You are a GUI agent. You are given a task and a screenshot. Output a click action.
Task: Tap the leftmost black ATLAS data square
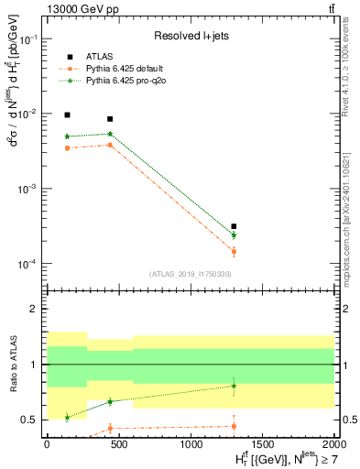[67, 115]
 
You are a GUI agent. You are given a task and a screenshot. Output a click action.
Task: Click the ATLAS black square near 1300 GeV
[234, 226]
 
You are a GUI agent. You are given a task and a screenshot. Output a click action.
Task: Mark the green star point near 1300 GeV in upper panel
[234, 235]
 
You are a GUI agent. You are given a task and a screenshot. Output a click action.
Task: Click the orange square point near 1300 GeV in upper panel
[234, 251]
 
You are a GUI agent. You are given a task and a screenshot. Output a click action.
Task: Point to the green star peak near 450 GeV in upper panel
[110, 134]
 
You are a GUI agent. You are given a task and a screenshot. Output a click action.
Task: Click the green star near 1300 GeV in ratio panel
[234, 386]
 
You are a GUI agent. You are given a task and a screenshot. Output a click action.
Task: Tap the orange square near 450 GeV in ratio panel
[110, 428]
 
